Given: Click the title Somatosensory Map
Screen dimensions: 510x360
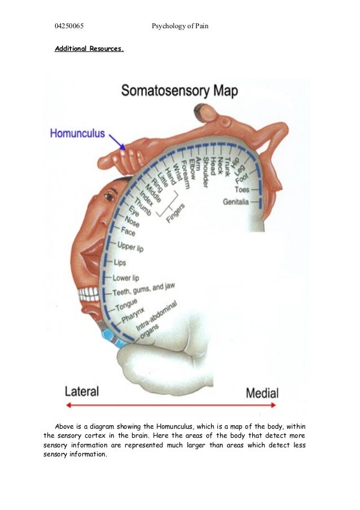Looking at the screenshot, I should coord(179,91).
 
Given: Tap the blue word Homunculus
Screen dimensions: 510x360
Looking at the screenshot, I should coord(77,133).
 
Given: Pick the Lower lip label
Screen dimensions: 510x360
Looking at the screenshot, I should coord(126,278).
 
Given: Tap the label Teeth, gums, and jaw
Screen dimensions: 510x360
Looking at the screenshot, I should coord(144,290).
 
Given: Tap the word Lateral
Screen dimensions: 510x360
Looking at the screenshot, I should coord(81,391).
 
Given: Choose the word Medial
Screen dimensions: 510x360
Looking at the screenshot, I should coord(262,393).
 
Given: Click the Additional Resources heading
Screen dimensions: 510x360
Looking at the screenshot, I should coord(89,49).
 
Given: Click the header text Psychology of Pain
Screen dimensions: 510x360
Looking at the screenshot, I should coord(181,26).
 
